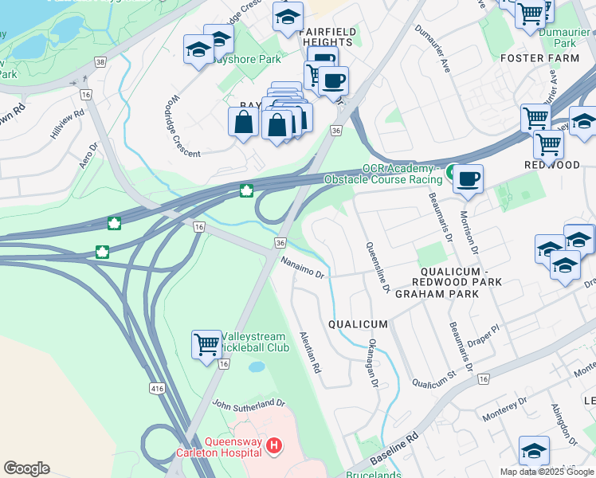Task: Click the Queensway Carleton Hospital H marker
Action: (273, 445)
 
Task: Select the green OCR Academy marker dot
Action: (452, 171)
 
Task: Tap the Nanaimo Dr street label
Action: (303, 268)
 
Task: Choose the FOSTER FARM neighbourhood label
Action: (539, 58)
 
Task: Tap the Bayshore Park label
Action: (257, 59)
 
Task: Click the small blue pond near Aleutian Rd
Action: (257, 367)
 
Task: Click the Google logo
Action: (27, 468)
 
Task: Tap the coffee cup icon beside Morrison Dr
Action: (469, 178)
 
